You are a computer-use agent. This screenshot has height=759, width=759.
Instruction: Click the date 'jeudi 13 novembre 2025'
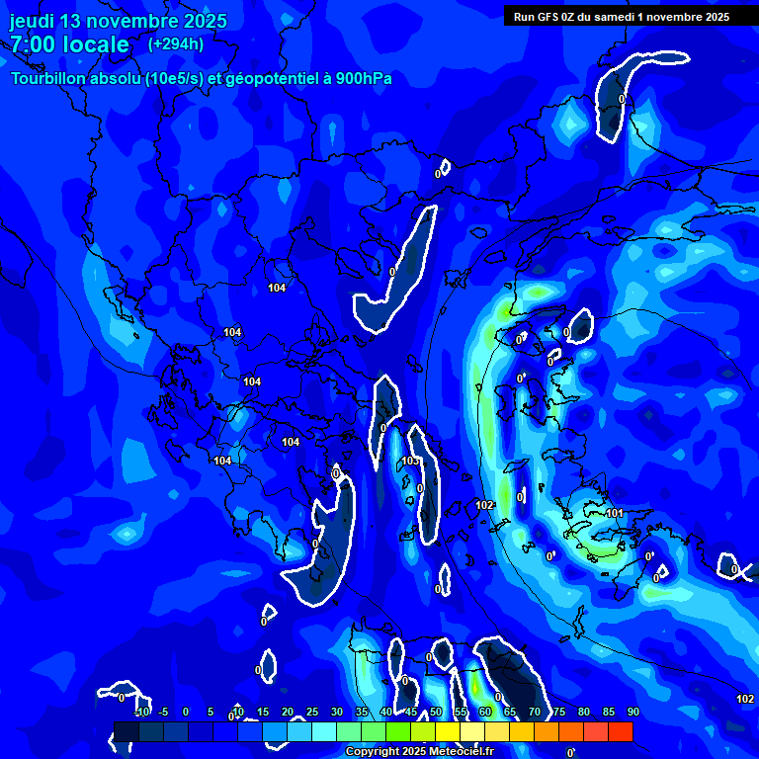click(x=119, y=21)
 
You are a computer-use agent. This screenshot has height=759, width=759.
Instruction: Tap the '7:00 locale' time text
click(x=69, y=44)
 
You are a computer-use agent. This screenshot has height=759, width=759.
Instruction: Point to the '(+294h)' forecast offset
click(x=176, y=44)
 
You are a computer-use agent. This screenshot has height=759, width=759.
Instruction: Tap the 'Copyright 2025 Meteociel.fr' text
click(x=419, y=752)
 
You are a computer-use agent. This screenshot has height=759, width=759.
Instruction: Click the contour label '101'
click(x=615, y=513)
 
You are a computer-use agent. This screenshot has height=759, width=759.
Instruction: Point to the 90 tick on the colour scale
click(x=632, y=712)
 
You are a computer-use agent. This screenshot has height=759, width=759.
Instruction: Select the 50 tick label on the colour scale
click(x=436, y=712)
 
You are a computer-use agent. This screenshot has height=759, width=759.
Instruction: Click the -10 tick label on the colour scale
click(x=141, y=712)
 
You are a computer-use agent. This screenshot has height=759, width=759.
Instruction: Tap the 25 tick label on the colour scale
click(x=312, y=712)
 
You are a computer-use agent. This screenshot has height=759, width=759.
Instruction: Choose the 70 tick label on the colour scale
click(x=535, y=712)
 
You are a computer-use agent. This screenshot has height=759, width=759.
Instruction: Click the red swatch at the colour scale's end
click(x=620, y=731)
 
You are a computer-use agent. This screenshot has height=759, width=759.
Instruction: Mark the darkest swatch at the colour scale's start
click(x=126, y=731)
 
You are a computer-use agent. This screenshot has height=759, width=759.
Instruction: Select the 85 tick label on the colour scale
click(x=608, y=712)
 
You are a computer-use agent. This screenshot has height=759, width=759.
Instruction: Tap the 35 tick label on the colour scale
click(x=362, y=712)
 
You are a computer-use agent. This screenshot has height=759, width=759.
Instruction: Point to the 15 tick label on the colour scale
click(x=263, y=712)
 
